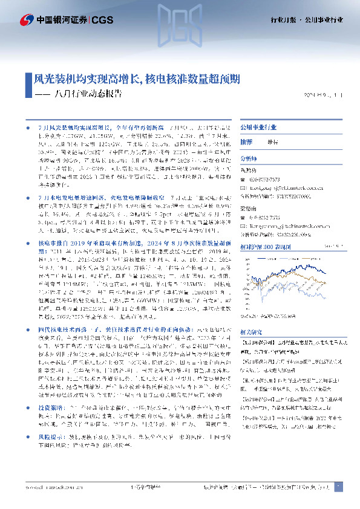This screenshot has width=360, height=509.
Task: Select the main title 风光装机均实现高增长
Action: (85, 79)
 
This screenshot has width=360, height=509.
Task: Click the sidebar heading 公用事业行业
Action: (258, 129)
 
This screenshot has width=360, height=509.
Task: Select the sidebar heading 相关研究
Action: (252, 332)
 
